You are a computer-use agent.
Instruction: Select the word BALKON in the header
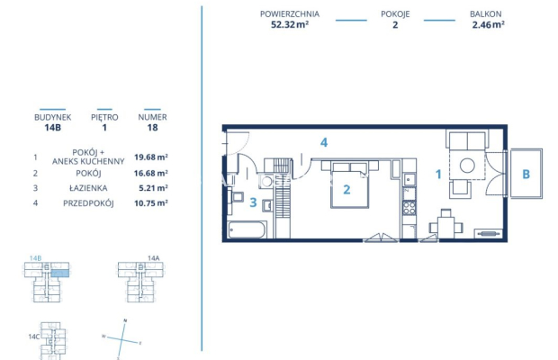pos(487,15)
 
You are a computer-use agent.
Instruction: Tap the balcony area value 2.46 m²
pos(487,25)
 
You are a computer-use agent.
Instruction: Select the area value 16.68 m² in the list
pos(152,172)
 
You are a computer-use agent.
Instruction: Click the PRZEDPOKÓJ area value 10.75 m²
pos(152,204)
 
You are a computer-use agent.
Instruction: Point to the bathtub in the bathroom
pos(247,230)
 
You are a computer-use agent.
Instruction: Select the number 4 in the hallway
pos(323,142)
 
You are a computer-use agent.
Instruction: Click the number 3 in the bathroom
pos(253,202)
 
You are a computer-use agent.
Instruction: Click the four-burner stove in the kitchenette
pos(409,209)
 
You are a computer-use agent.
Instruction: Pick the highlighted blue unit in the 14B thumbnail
pos(59,272)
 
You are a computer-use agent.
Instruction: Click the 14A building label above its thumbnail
pos(152,257)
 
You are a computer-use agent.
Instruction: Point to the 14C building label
pos(34,336)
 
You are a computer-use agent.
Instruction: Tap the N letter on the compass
pos(125,320)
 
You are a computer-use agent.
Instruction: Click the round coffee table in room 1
pos(466,166)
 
